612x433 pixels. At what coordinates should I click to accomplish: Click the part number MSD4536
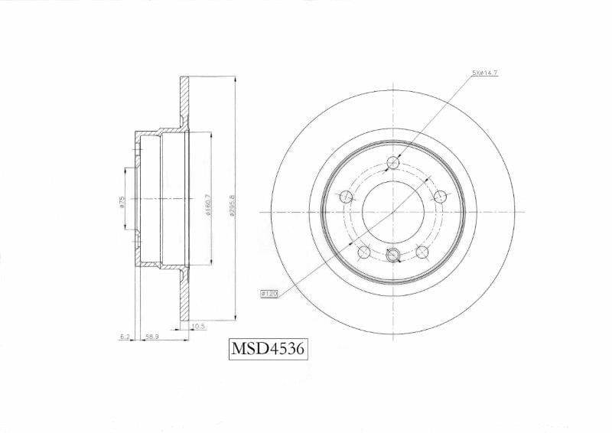click(269, 350)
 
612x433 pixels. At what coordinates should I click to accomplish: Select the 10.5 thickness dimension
click(197, 325)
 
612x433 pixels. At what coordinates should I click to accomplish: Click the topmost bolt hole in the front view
click(394, 161)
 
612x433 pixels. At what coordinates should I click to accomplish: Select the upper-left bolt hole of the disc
click(346, 195)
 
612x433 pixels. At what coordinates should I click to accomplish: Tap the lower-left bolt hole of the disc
click(363, 251)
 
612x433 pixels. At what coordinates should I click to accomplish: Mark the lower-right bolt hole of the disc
click(423, 251)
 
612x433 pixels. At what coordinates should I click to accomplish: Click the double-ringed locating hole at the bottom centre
click(394, 255)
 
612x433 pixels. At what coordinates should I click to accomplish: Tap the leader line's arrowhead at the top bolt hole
click(401, 154)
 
